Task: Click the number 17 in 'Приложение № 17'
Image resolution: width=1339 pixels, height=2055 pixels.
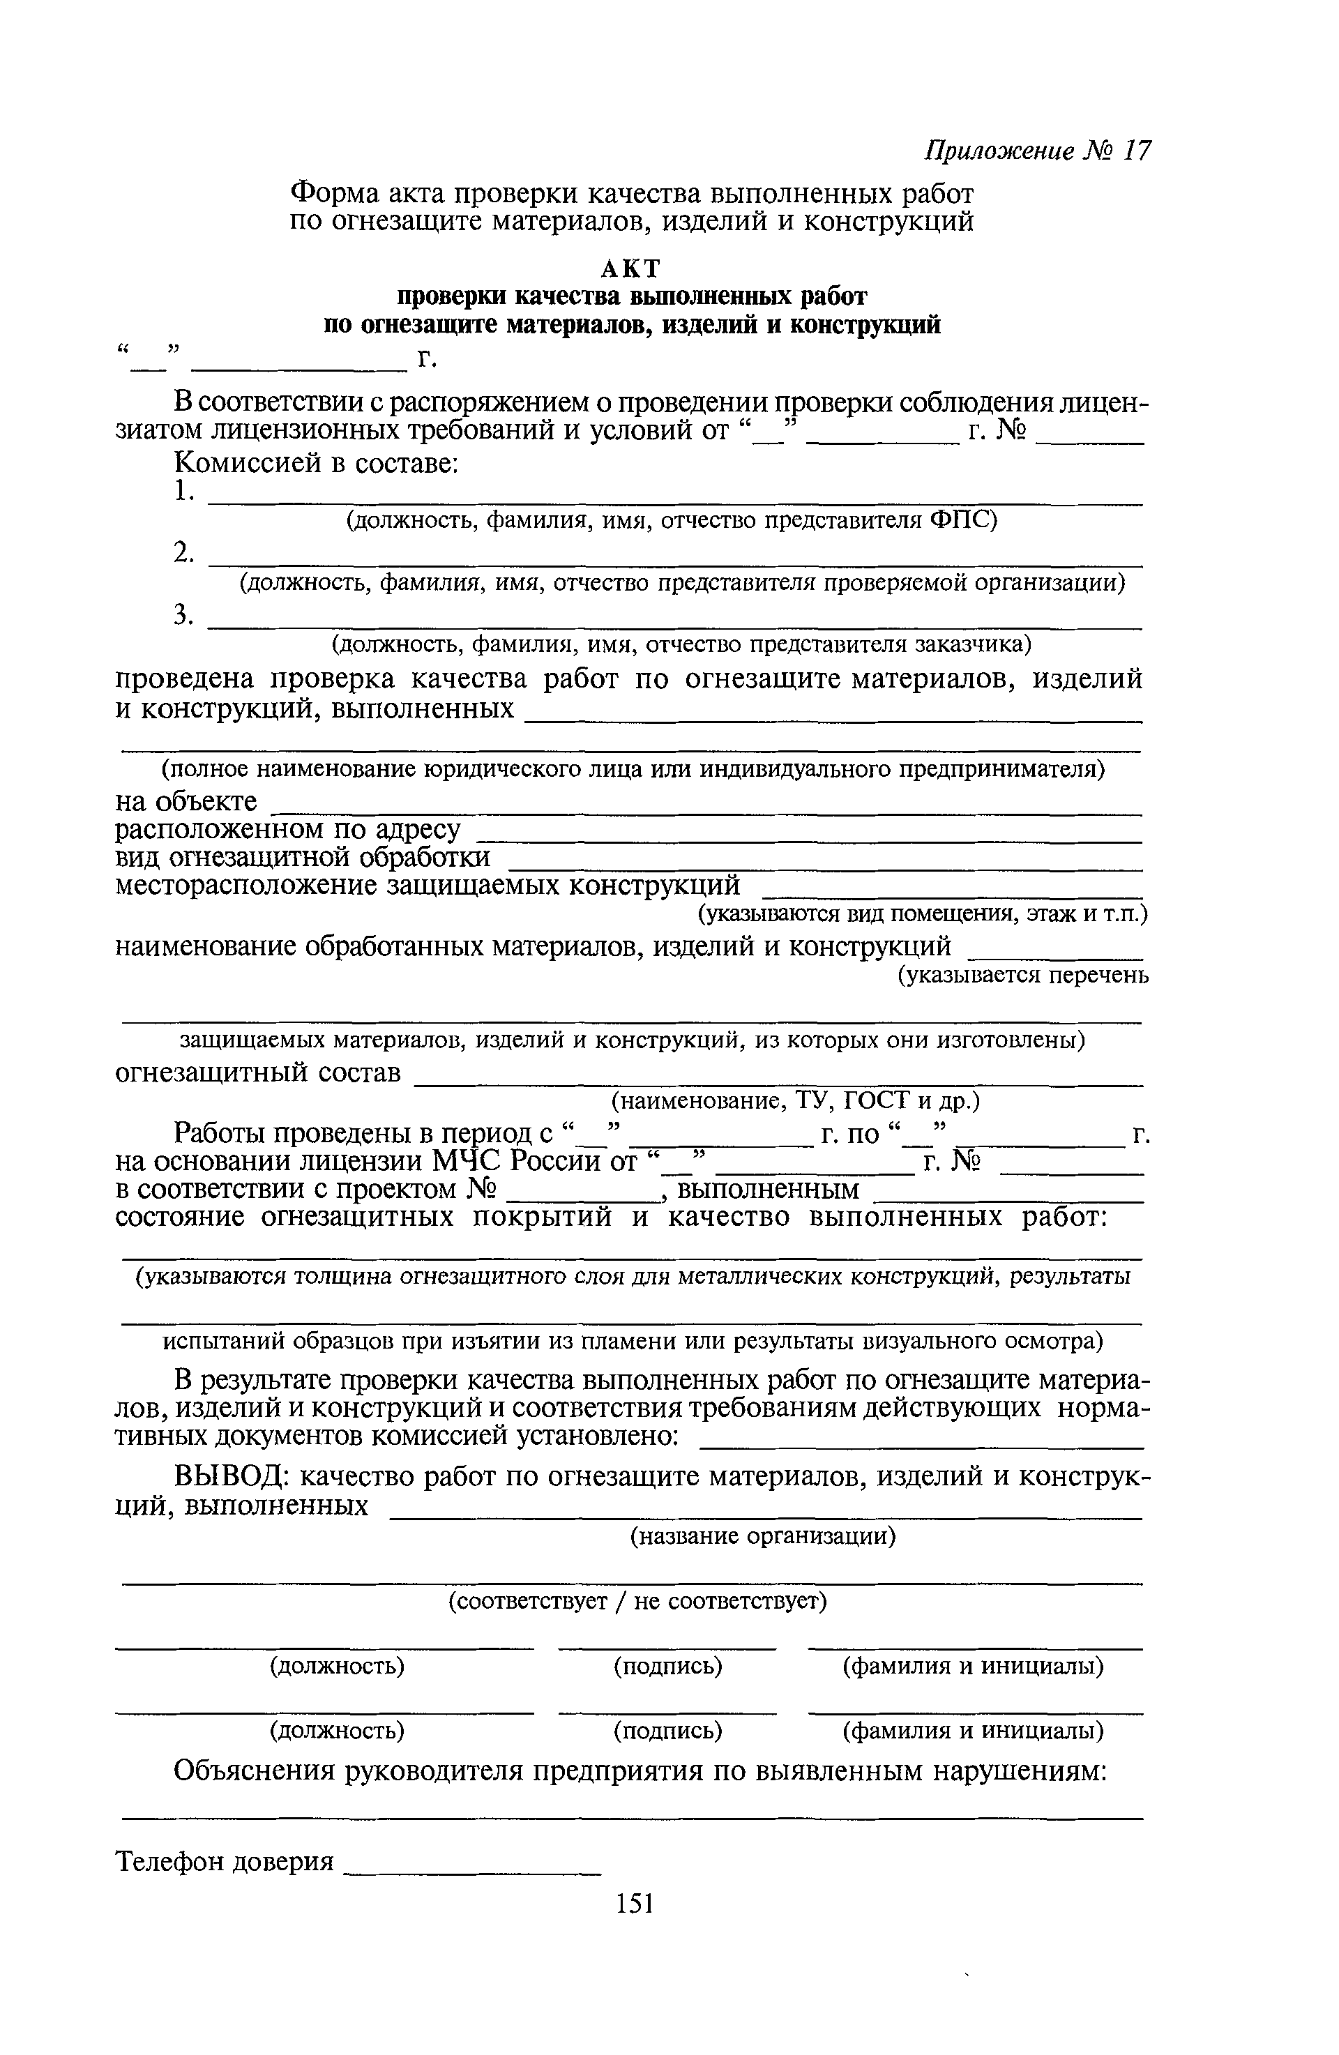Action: pyautogui.click(x=1138, y=151)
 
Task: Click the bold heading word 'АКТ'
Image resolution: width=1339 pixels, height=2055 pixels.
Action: pyautogui.click(x=632, y=268)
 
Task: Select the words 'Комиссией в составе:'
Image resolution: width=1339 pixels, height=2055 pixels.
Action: pyautogui.click(x=315, y=464)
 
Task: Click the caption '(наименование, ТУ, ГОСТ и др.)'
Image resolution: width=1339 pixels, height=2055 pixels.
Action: pyautogui.click(x=795, y=1101)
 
